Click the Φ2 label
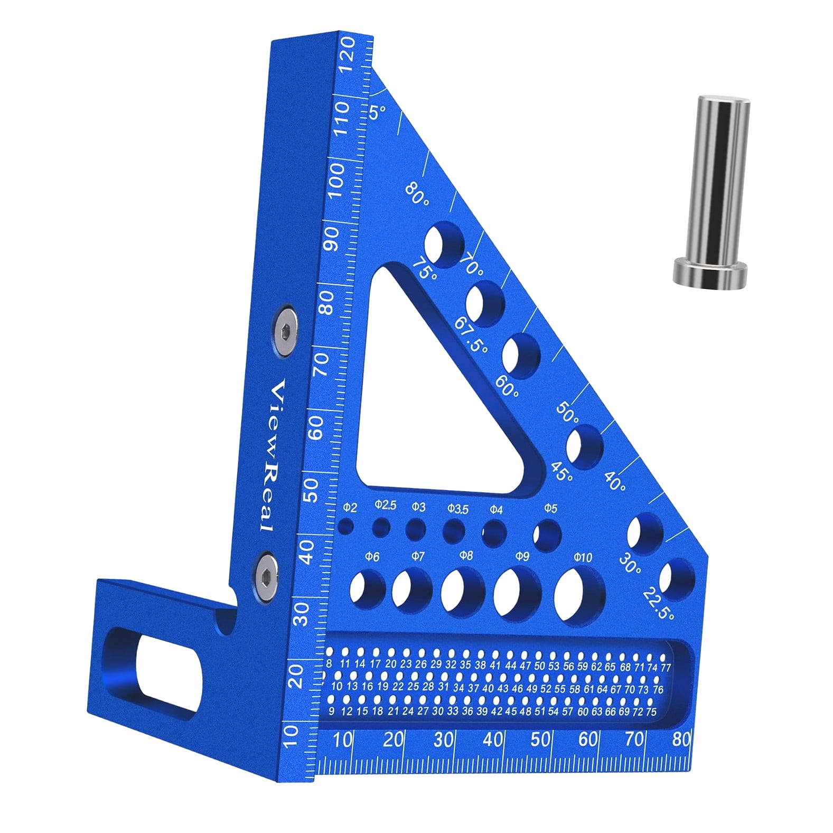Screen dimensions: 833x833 [x=350, y=508]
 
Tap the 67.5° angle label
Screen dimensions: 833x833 [x=472, y=336]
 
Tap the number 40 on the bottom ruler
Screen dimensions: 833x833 [x=492, y=739]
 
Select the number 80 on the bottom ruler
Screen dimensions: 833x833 [x=682, y=739]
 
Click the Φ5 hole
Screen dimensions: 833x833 [x=547, y=536]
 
